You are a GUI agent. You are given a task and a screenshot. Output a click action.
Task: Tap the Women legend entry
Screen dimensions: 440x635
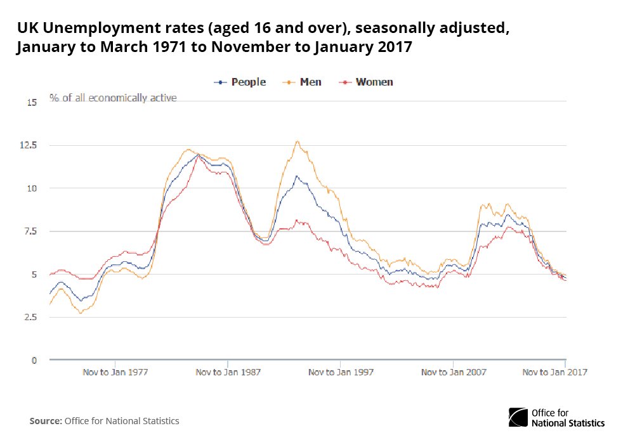(x=367, y=82)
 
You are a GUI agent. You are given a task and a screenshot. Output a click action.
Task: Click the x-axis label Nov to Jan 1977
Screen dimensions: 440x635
(x=115, y=372)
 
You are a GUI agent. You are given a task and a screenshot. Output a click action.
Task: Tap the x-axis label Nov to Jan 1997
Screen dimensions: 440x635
(x=341, y=372)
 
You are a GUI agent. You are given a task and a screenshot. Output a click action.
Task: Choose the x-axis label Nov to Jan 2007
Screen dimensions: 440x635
(x=454, y=372)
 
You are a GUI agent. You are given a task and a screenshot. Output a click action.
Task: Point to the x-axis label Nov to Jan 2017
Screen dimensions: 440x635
(x=554, y=372)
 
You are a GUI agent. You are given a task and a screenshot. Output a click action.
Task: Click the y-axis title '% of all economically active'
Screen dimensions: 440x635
(x=114, y=98)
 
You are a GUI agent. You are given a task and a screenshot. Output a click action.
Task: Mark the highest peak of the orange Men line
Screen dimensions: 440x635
(x=297, y=141)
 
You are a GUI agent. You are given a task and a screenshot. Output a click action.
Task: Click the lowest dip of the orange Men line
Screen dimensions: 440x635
(x=81, y=313)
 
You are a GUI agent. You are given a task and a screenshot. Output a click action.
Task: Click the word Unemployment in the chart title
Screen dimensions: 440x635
(x=103, y=29)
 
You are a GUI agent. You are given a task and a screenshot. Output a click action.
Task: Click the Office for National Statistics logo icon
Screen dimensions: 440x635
(x=518, y=417)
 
